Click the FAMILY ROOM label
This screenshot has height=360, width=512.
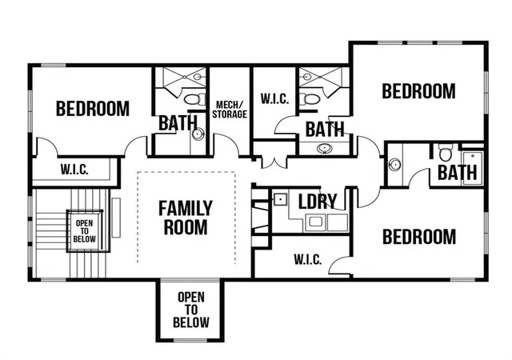tap(186, 218)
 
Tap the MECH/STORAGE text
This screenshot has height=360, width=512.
tap(230, 110)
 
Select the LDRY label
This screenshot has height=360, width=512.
tap(318, 202)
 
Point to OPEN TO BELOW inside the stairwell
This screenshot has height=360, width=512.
tap(84, 231)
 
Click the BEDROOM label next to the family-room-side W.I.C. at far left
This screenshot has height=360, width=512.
tap(93, 109)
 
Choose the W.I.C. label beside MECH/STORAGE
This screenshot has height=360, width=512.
tap(274, 98)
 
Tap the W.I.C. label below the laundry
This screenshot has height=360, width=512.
tap(307, 259)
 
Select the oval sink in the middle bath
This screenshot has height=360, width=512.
tap(324, 148)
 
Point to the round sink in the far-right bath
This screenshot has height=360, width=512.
tap(394, 164)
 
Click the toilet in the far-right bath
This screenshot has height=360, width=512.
tap(446, 152)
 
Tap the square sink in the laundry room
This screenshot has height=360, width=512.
tap(280, 199)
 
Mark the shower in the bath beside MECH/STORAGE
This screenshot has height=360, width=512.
tap(185, 77)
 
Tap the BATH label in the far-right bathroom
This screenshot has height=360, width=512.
tap(457, 173)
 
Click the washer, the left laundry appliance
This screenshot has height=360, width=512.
tap(316, 222)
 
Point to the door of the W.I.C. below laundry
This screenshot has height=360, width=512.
tap(339, 266)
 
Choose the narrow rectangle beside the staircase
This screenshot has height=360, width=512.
tap(116, 218)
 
